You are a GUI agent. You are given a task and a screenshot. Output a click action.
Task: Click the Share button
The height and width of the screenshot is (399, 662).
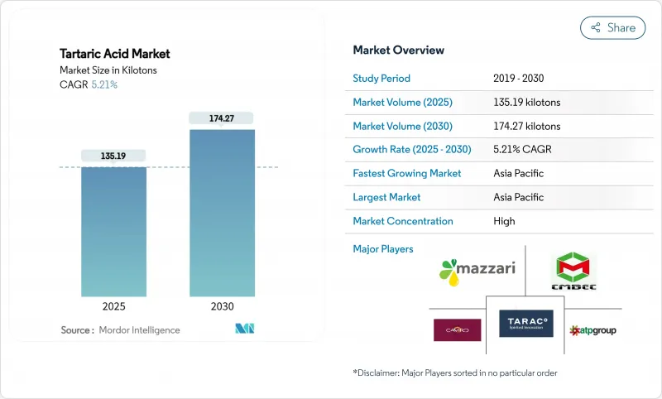click(613, 27)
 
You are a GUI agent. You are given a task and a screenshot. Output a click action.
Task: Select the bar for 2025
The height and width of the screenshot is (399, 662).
click(113, 231)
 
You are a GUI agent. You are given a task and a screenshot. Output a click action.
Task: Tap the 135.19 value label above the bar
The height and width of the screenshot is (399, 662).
click(113, 156)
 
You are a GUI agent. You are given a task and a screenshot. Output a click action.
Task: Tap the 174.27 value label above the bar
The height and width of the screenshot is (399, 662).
click(222, 118)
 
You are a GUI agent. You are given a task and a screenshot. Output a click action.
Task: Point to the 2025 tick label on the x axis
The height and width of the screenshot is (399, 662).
click(113, 306)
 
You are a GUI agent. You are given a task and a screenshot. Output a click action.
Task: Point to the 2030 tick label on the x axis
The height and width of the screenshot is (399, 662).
click(222, 306)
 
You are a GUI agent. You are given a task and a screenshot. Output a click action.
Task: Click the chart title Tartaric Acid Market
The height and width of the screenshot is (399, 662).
click(115, 54)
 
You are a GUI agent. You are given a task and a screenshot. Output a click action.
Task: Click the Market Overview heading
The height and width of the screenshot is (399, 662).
click(398, 50)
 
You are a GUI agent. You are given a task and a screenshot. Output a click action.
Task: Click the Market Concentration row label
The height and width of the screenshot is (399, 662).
click(403, 221)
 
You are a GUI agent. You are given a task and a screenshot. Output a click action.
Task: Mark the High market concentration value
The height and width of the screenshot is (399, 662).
click(504, 221)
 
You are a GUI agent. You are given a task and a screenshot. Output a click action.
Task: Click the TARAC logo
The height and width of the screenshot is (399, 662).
click(525, 323)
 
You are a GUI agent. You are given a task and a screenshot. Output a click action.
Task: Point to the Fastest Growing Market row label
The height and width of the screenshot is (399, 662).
click(407, 174)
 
